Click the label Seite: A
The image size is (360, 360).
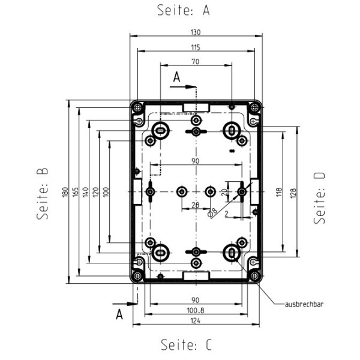[184, 10]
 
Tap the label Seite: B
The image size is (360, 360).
[42, 193]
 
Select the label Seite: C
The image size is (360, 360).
[186, 345]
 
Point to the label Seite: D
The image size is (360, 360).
[320, 197]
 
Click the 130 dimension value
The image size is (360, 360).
[196, 32]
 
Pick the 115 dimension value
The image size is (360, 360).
[196, 47]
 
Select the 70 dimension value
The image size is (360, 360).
[196, 62]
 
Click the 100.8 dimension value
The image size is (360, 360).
[196, 311]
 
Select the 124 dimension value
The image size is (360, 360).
[196, 322]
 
